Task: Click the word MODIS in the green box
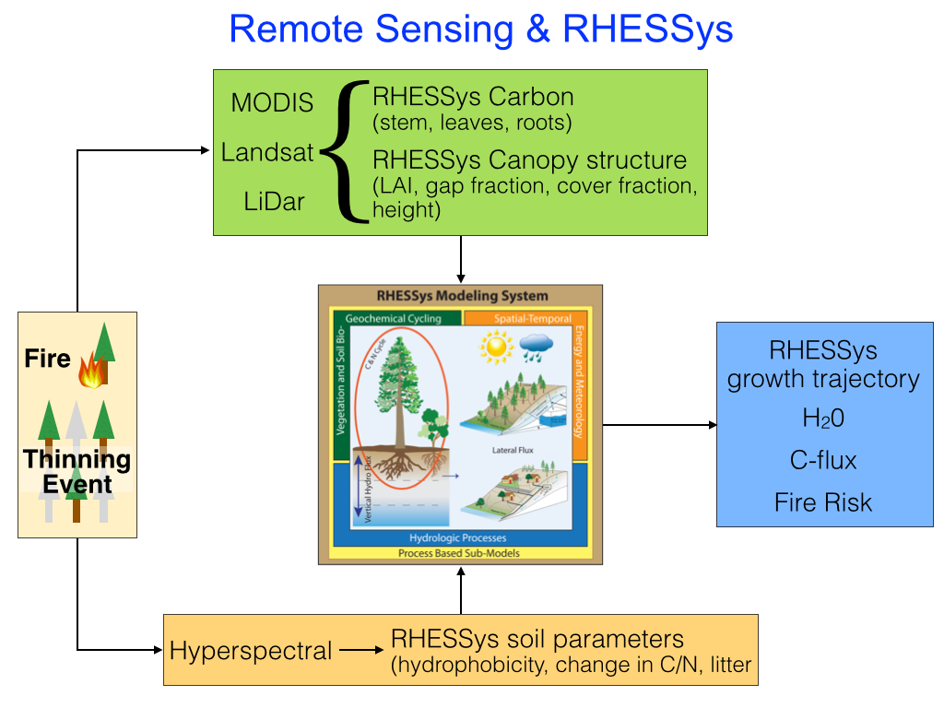272,103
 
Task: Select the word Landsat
267,153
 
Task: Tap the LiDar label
274,202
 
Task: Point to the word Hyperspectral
251,651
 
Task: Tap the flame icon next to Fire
90,372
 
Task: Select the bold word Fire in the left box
48,359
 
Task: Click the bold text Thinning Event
77,471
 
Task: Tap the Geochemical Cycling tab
394,319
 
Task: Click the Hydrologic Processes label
458,537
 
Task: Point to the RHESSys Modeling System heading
462,296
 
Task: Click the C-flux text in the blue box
822,460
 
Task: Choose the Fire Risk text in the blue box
822,502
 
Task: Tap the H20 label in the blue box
822,419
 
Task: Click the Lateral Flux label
512,450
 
